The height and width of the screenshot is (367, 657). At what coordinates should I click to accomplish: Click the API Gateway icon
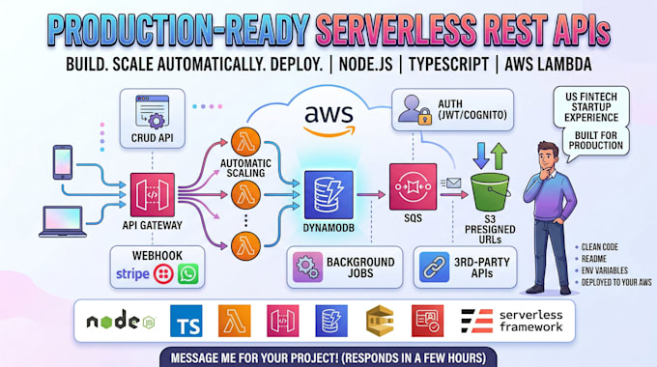pos(153,195)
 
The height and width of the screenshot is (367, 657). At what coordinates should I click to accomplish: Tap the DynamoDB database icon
pos(328,195)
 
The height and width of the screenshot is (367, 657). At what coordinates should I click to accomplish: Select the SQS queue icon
pos(413,186)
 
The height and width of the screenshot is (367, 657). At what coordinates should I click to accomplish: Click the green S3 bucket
pos(490,192)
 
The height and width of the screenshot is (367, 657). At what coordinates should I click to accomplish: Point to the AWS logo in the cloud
pos(328,121)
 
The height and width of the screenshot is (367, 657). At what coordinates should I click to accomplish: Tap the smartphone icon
pos(63,162)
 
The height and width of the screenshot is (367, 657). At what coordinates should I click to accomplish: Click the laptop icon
pos(63,221)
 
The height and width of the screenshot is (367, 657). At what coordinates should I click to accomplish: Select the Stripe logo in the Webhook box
pos(132,274)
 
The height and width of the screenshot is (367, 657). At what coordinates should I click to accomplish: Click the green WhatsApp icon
pos(188,274)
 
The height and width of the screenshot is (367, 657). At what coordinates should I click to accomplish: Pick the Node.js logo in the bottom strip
pos(121,321)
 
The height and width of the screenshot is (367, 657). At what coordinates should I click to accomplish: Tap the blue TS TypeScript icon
pos(186,321)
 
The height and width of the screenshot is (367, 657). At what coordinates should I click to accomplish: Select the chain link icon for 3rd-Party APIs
pos(434,268)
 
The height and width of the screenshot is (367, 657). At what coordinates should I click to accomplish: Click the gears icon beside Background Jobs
pos(307,268)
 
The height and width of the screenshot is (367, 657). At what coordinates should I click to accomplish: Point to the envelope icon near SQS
pos(452,183)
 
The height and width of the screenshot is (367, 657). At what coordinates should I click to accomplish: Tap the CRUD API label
pos(152,137)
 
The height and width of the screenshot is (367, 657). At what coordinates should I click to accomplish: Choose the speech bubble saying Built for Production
pos(595,143)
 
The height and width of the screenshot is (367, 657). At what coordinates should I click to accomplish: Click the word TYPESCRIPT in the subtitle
pos(448,65)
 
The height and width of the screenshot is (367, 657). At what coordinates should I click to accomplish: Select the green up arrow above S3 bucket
pos(499,155)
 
